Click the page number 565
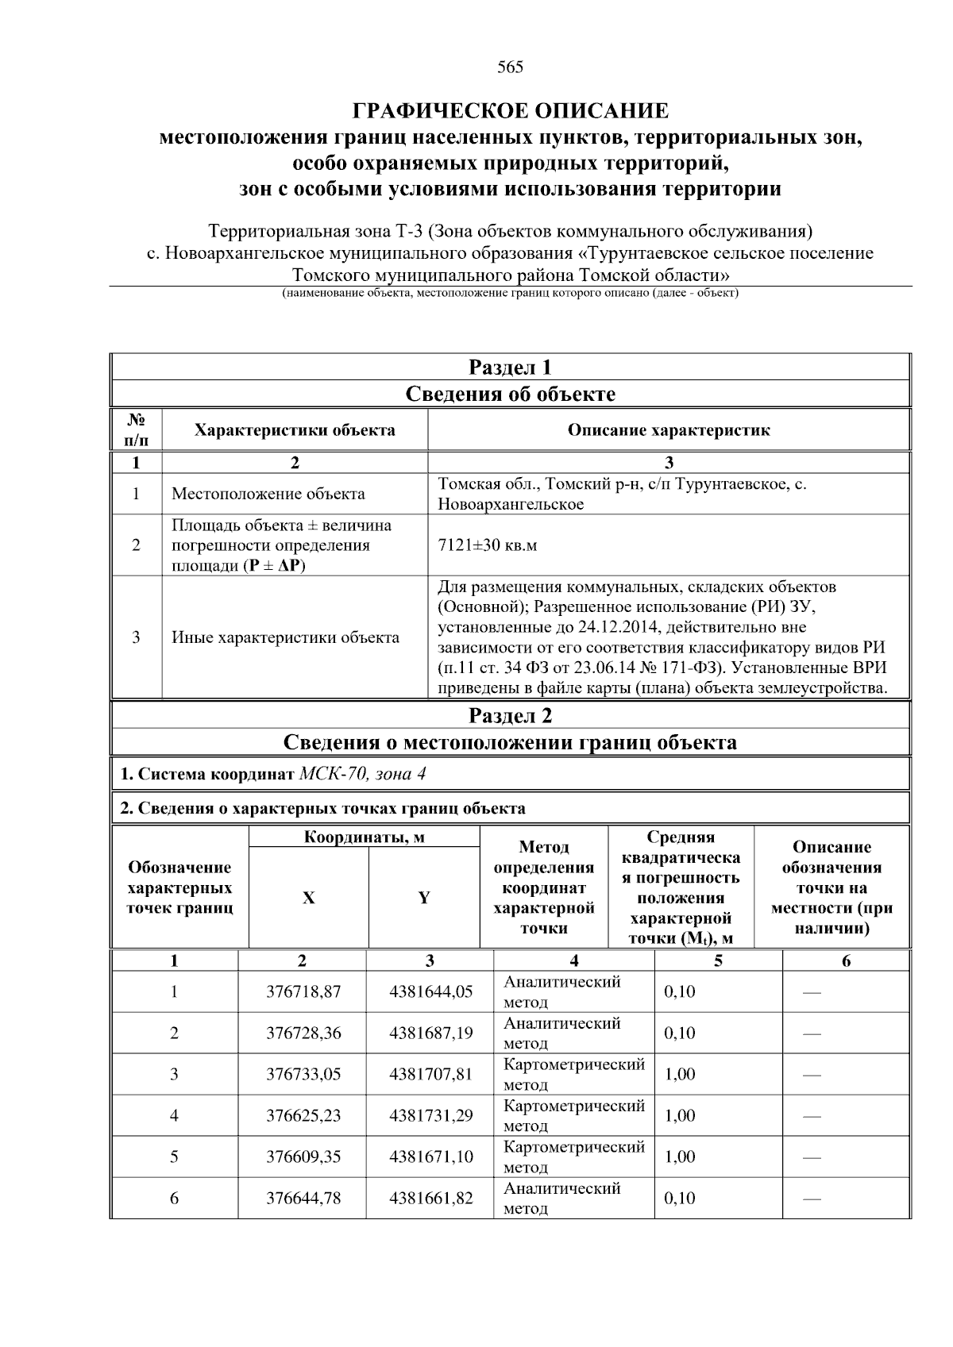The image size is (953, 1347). click(x=510, y=67)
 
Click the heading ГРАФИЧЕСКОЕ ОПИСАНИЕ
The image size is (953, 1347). click(x=510, y=110)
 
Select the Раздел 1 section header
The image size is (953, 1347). click(x=510, y=368)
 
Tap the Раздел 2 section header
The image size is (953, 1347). click(x=510, y=716)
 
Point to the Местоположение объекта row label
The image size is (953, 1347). click(x=268, y=494)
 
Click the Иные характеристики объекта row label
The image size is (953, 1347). click(x=286, y=637)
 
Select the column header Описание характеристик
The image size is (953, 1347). click(x=669, y=430)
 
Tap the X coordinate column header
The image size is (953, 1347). click(x=308, y=898)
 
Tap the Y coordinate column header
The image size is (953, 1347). click(x=424, y=898)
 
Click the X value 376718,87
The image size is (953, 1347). click(x=303, y=991)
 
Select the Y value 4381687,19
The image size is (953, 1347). click(x=430, y=1033)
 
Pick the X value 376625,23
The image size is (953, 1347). click(x=303, y=1115)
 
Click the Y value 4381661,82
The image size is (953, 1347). click(x=430, y=1198)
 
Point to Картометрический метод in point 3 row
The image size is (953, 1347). click(x=573, y=1074)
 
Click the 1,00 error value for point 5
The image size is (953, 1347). click(x=680, y=1156)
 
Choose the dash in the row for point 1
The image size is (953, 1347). click(x=812, y=992)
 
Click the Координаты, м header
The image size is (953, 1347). click(x=365, y=837)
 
